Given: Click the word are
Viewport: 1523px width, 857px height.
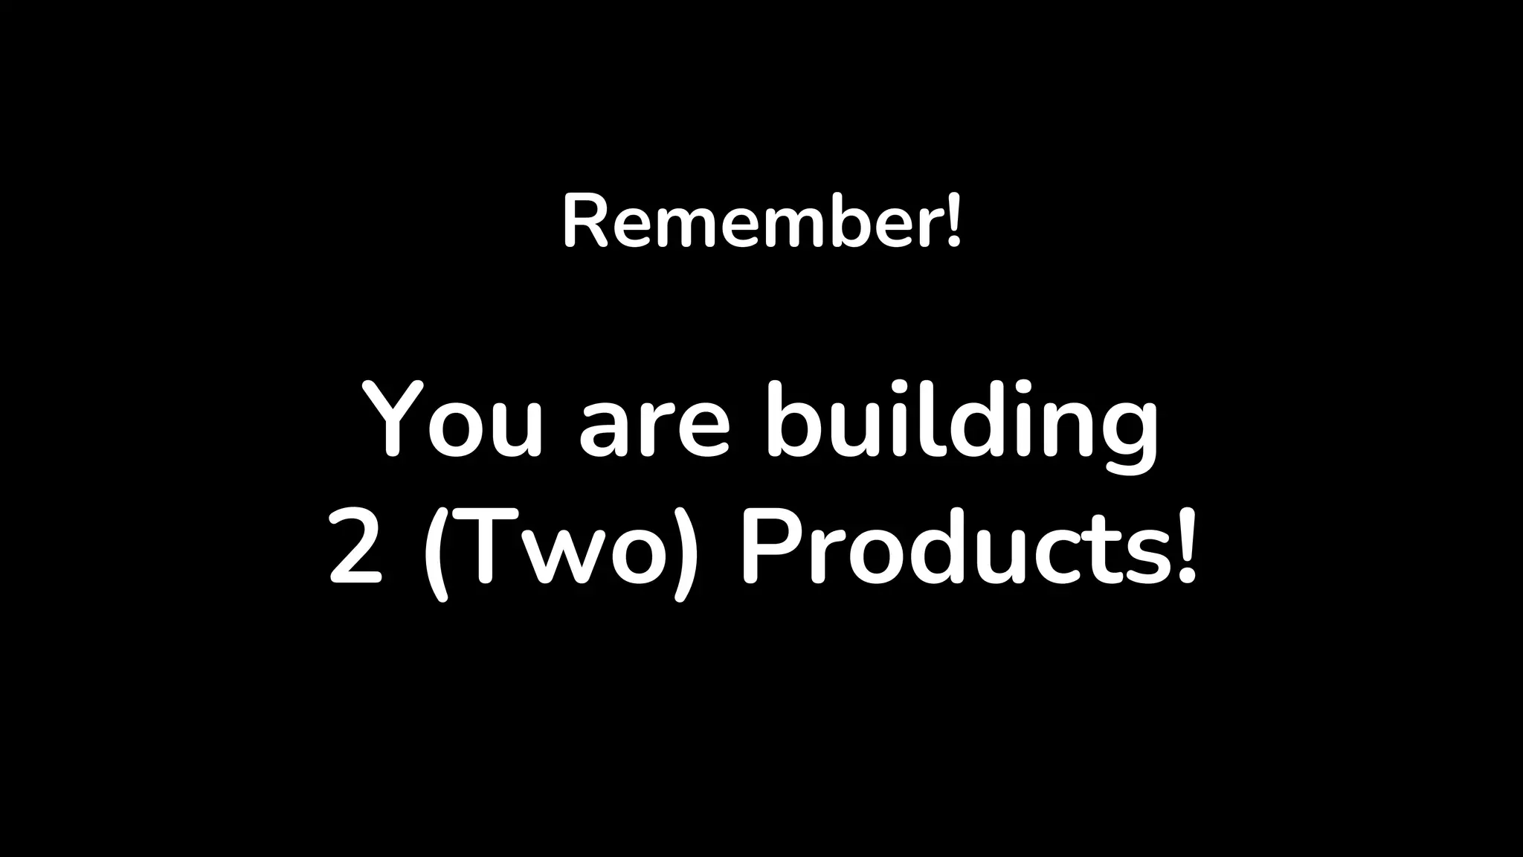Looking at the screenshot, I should [x=654, y=431].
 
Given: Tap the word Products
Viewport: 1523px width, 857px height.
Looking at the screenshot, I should [x=951, y=549].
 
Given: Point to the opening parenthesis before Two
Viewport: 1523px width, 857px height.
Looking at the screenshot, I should [x=437, y=554].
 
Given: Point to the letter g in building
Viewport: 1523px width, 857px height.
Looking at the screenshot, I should [x=1125, y=439].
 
